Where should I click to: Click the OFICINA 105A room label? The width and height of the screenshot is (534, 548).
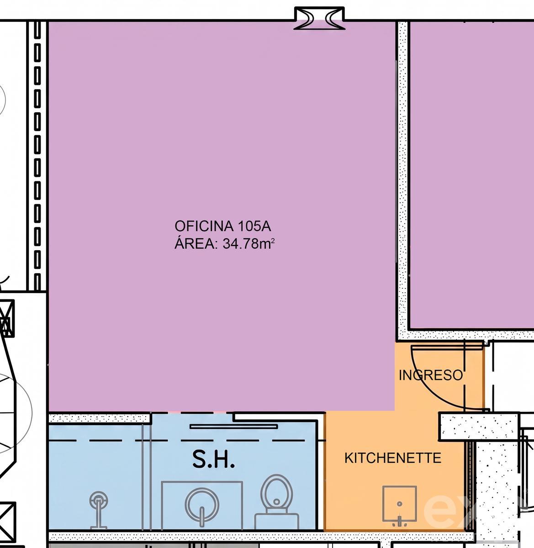pyautogui.click(x=222, y=226)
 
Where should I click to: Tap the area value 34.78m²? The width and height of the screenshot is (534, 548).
pyautogui.click(x=248, y=243)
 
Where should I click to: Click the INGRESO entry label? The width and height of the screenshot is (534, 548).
pyautogui.click(x=431, y=375)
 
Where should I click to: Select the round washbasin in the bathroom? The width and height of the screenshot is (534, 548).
pyautogui.click(x=201, y=504)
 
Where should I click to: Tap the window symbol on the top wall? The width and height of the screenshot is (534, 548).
pyautogui.click(x=319, y=18)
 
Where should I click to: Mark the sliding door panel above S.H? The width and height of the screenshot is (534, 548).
pyautogui.click(x=234, y=427)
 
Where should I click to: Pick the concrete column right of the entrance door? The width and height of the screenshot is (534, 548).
pyautogui.click(x=479, y=427)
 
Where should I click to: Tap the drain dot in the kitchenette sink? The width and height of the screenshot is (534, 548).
pyautogui.click(x=400, y=504)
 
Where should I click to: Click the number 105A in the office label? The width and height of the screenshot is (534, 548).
pyautogui.click(x=254, y=226)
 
